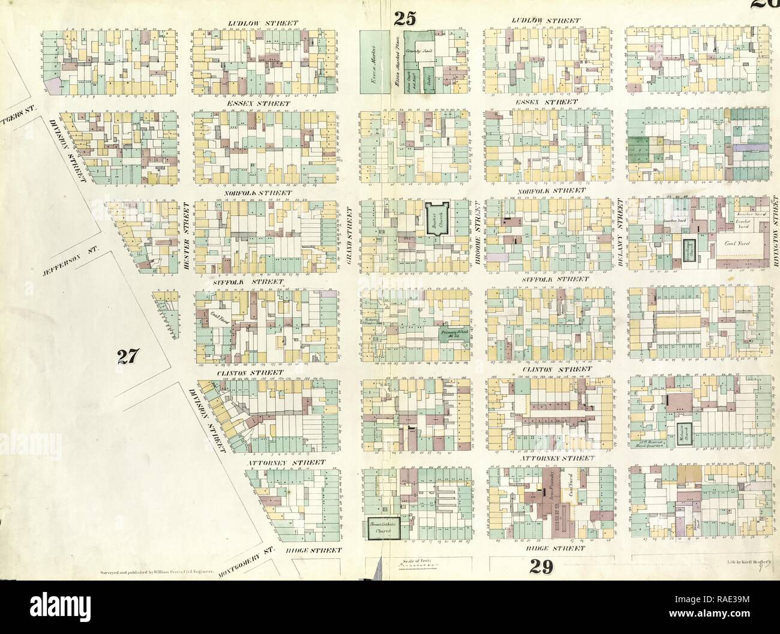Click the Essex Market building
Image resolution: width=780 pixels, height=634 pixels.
pyautogui.click(x=372, y=61)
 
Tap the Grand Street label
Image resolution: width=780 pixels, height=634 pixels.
pyautogui.click(x=350, y=239)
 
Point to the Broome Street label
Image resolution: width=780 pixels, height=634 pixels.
pyautogui.click(x=478, y=239)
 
